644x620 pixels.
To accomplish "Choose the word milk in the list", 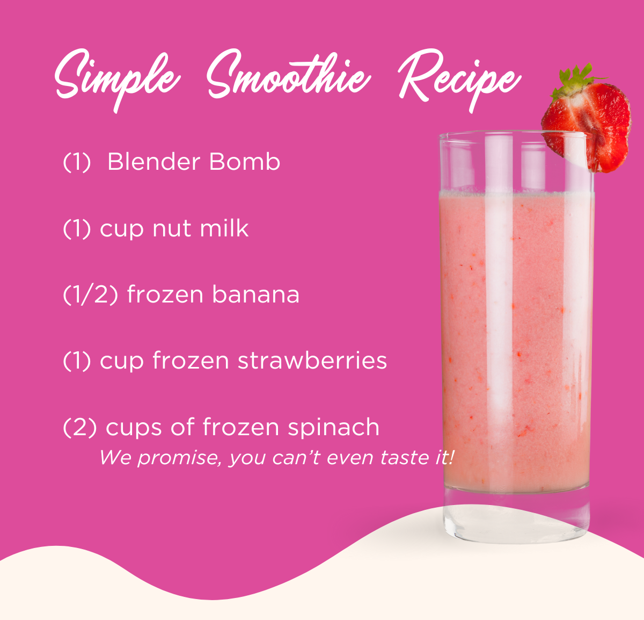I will pyautogui.click(x=224, y=228).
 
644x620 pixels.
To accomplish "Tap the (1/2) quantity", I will pyautogui.click(x=90, y=295).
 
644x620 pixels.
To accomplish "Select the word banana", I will pyautogui.click(x=255, y=294).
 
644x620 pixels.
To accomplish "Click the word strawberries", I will pyautogui.click(x=312, y=361).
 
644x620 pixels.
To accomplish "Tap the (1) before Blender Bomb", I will pyautogui.click(x=77, y=162).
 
